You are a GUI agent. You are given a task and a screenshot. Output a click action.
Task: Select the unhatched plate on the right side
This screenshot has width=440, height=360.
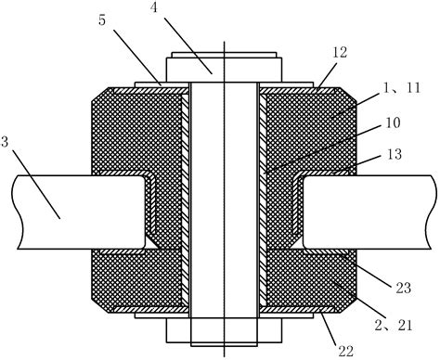coord(371,212)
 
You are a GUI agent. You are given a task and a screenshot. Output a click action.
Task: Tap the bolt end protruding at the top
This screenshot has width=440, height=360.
coord(224,68)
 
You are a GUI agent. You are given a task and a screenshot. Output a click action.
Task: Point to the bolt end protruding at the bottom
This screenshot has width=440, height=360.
coord(224,329)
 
